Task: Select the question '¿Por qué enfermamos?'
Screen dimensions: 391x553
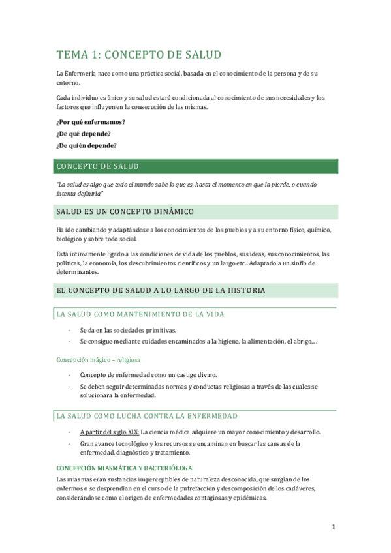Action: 91,122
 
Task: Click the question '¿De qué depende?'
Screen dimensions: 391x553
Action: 84,134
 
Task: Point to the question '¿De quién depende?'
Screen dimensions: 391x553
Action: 87,145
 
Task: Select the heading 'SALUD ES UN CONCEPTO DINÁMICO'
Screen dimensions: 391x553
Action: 124,212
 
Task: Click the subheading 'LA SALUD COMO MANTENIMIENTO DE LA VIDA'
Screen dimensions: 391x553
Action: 140,314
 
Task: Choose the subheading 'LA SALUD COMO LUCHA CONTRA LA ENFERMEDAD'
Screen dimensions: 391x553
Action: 147,415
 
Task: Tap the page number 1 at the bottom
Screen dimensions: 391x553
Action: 333,526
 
